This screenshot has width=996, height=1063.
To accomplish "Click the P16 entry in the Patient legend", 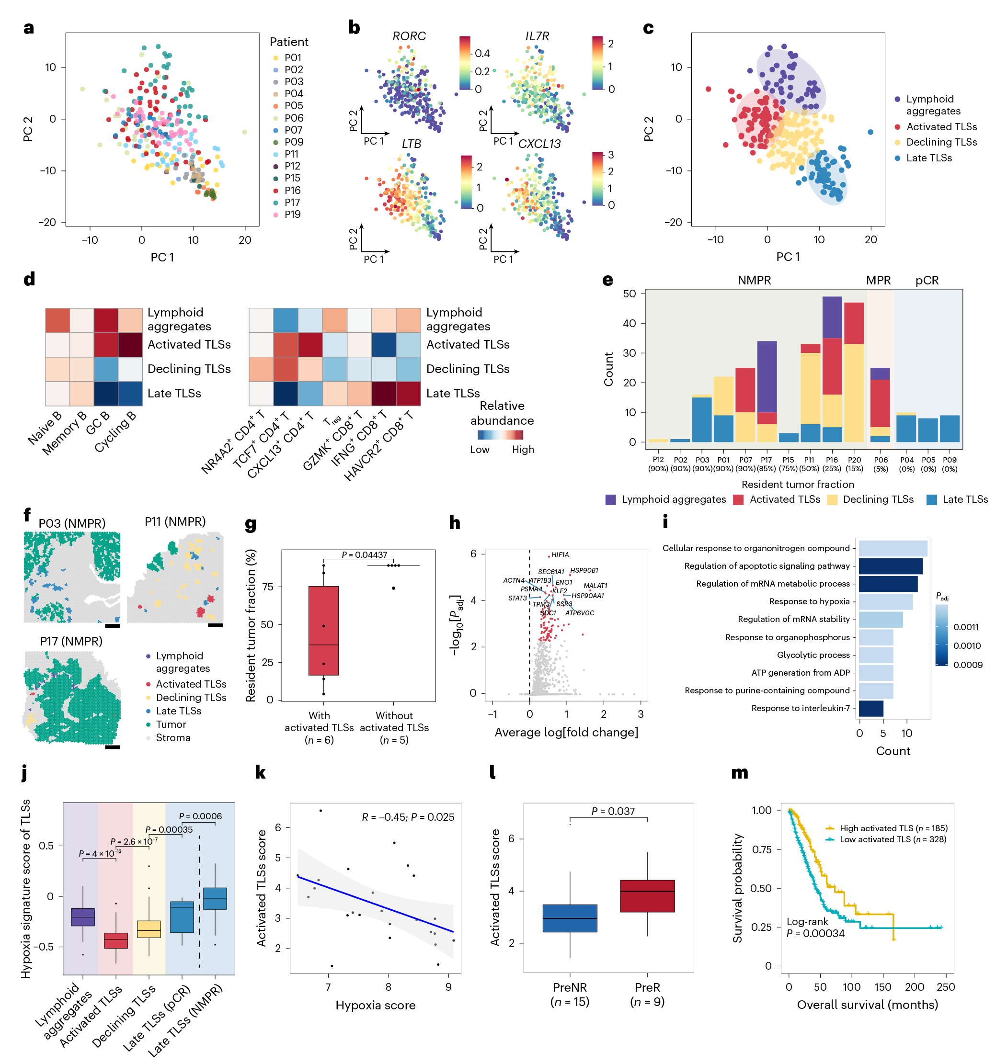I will (292, 191).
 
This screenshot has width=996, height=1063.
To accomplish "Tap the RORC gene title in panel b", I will (409, 36).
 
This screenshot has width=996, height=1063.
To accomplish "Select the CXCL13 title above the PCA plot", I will (539, 144).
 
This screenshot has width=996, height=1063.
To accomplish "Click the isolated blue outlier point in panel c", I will (870, 132).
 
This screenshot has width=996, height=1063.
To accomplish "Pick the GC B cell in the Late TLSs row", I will (106, 394).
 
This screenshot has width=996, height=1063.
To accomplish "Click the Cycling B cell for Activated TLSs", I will (130, 345).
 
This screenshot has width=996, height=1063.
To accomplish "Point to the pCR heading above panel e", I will (927, 281).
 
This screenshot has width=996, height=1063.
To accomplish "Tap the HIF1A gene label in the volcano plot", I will (560, 554).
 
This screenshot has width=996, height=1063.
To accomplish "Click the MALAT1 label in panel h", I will (595, 586).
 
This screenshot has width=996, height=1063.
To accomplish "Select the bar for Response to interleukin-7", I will (871, 708).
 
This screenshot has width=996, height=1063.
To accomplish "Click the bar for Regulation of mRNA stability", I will (881, 619).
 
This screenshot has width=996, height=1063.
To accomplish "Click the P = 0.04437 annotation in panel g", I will (364, 554).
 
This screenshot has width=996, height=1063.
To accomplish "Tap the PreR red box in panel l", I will (647, 895).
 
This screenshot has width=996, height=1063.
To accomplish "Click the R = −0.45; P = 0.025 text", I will (408, 817).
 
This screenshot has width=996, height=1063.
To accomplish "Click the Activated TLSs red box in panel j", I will (115, 940).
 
